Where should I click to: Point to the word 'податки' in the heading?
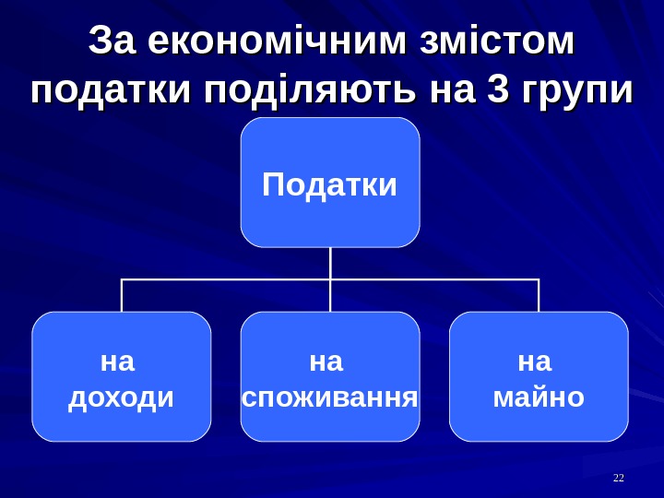pyautogui.click(x=112, y=91)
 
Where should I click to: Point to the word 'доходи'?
pyautogui.click(x=122, y=397)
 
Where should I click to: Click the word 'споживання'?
pyautogui.click(x=330, y=397)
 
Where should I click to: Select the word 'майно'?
pyautogui.click(x=539, y=397)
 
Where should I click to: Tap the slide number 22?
pyautogui.click(x=619, y=478)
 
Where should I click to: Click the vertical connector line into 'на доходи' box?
pyautogui.click(x=122, y=295)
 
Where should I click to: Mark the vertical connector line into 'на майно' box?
pyautogui.click(x=539, y=295)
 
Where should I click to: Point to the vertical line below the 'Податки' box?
pyautogui.click(x=330, y=263)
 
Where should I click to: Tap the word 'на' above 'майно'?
pyautogui.click(x=536, y=362)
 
